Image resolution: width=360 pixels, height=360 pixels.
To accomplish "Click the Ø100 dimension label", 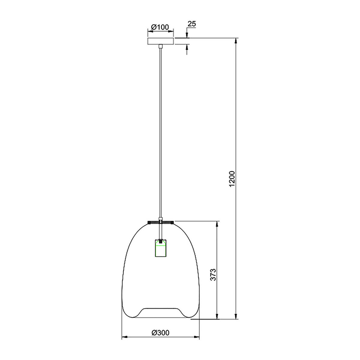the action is pyautogui.click(x=160, y=27).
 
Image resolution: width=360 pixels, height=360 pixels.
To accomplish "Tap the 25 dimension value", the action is pyautogui.click(x=191, y=24).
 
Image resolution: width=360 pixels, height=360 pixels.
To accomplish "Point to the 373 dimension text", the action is pyautogui.click(x=213, y=274).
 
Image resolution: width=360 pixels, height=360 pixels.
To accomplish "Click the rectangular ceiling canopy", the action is pyautogui.click(x=160, y=41).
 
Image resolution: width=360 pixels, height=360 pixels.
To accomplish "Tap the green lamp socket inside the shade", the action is pyautogui.click(x=160, y=248).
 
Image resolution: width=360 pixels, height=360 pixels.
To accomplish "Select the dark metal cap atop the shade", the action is pyautogui.click(x=160, y=223).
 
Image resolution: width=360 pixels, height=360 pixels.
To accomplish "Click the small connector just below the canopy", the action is pyautogui.click(x=160, y=46).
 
